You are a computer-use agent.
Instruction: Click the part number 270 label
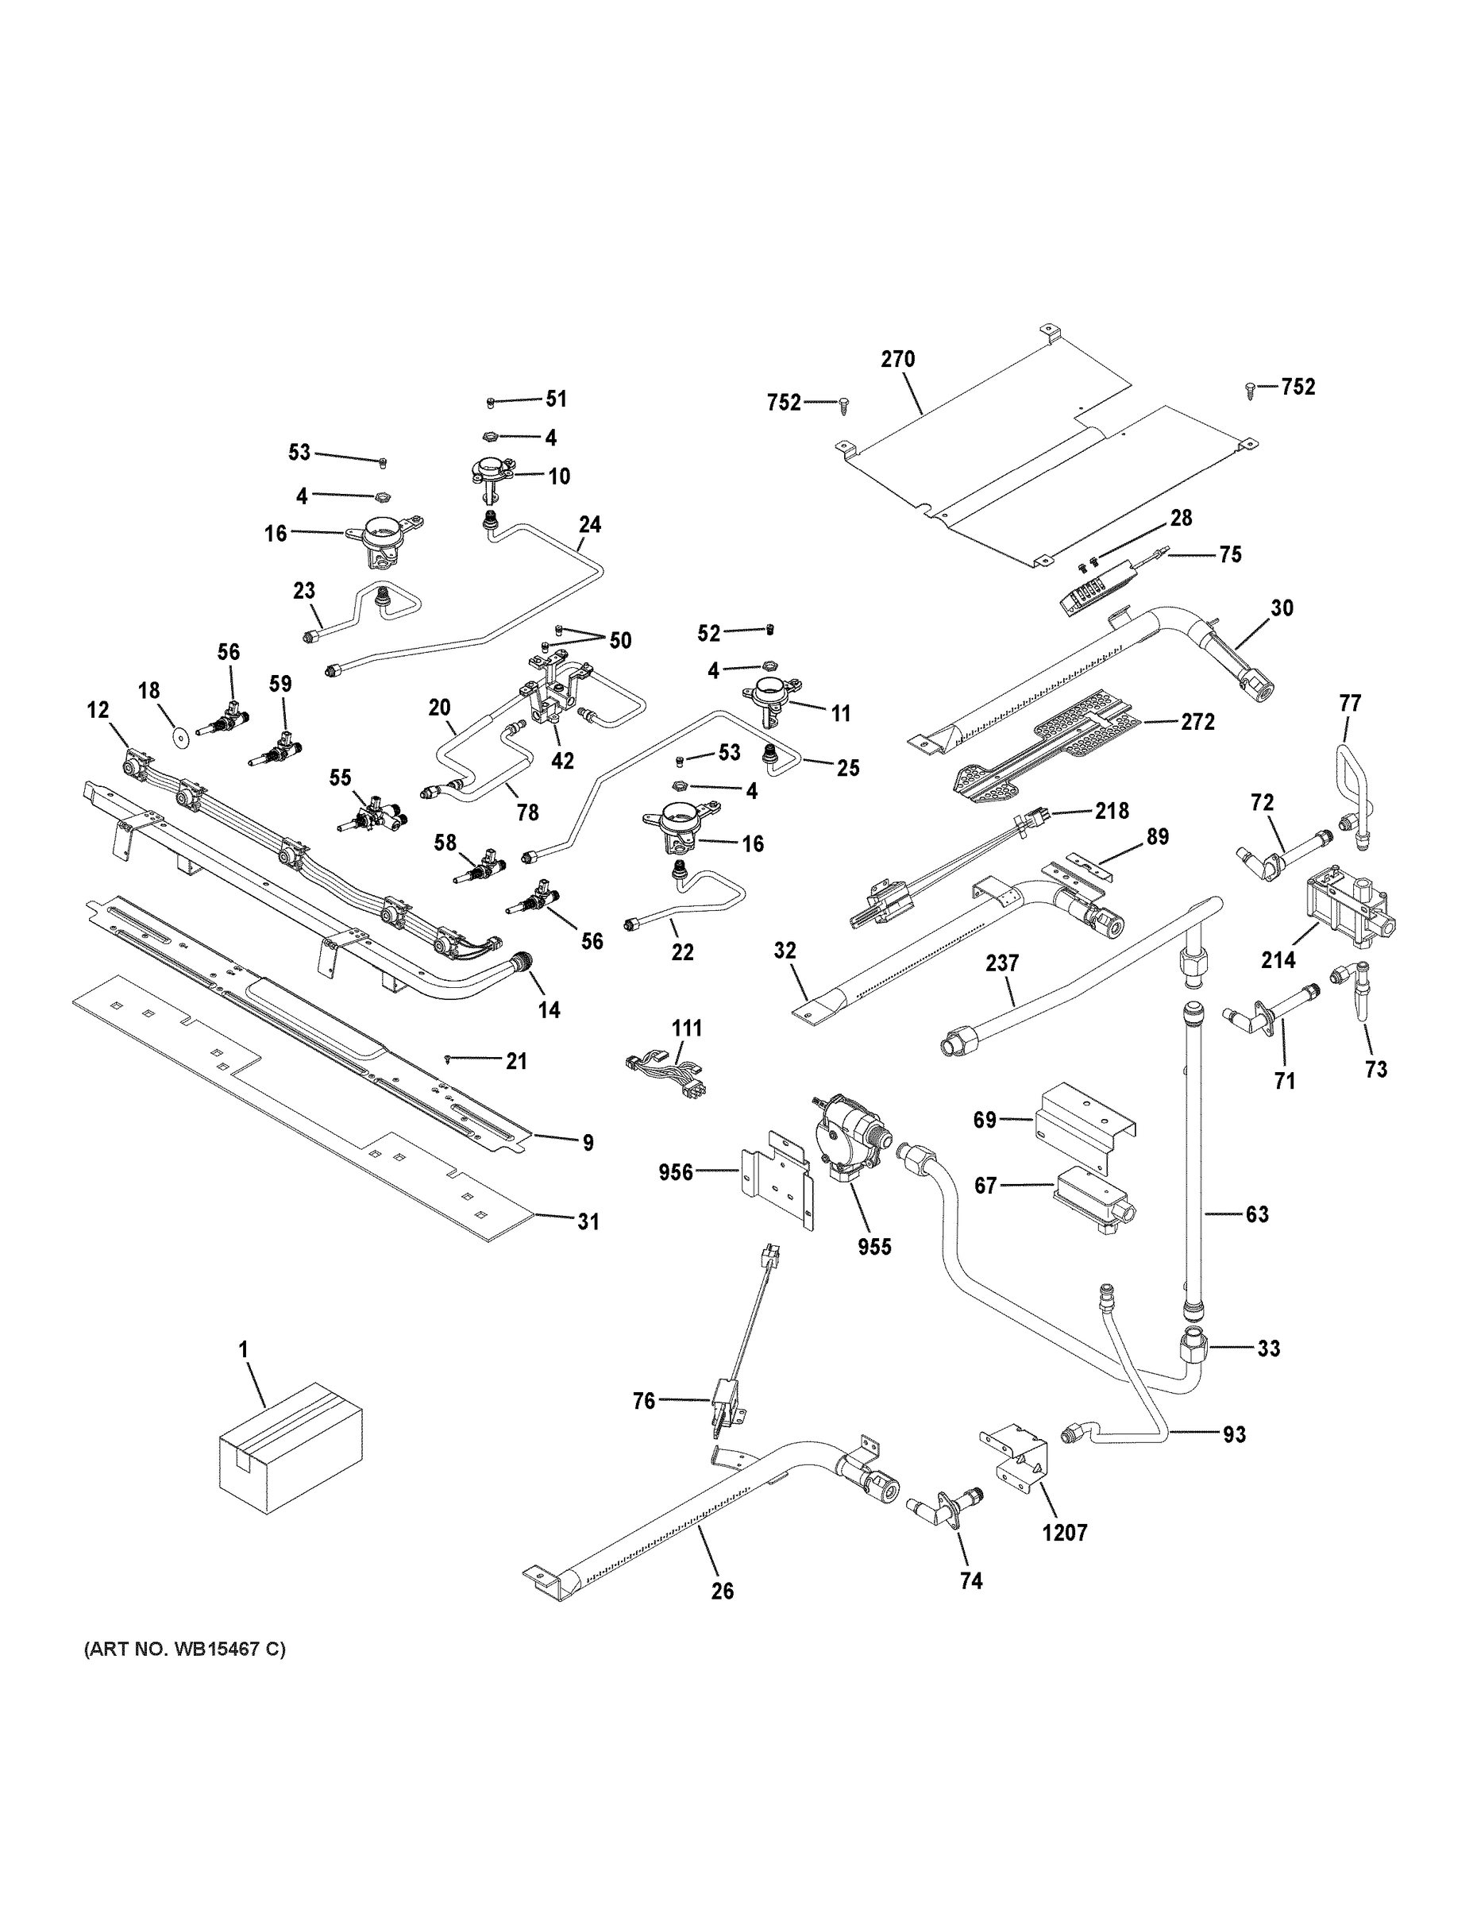[898, 359]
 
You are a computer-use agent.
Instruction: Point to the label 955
[874, 1247]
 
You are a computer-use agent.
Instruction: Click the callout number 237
[1002, 963]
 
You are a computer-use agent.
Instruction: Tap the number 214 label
[1278, 960]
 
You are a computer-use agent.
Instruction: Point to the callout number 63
[1256, 1214]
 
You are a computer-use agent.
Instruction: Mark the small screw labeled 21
[449, 1059]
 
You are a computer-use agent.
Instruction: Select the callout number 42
[563, 761]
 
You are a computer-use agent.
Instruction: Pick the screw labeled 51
[491, 403]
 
